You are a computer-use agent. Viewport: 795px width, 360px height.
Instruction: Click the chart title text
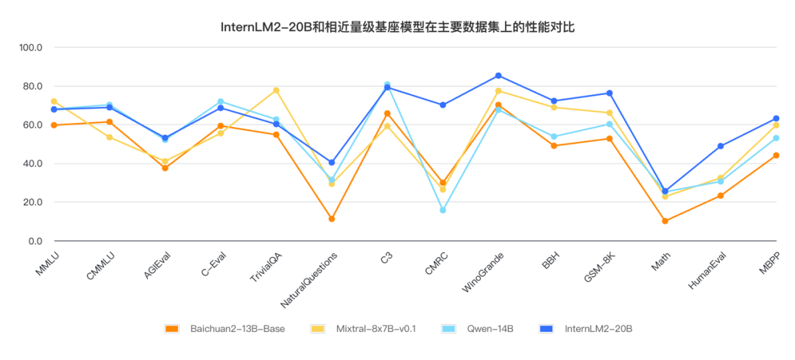tap(397, 27)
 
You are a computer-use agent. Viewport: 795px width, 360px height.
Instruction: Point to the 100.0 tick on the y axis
tap(31, 48)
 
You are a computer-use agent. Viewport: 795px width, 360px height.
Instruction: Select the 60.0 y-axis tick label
tap(32, 125)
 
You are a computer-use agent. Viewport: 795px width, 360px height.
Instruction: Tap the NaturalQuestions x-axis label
tap(310, 280)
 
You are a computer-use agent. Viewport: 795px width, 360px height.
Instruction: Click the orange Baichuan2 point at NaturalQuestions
tap(332, 219)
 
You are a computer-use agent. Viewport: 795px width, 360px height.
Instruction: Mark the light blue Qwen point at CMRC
tap(443, 211)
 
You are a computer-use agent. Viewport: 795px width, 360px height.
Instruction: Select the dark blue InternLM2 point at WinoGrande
tap(498, 76)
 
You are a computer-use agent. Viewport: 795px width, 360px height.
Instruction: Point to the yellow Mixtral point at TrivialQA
tap(276, 91)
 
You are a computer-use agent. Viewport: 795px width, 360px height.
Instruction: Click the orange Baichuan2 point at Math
tap(665, 221)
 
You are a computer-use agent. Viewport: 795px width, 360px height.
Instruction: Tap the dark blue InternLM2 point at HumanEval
tap(721, 146)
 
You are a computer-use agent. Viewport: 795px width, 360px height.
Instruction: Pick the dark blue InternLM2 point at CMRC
tap(443, 105)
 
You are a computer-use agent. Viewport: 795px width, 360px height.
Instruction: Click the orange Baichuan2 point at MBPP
tap(776, 155)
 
